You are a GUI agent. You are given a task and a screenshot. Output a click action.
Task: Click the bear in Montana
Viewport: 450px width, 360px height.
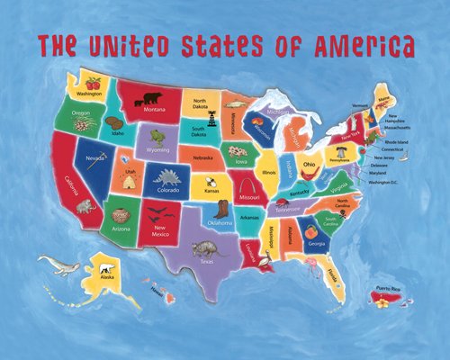pos(154,96)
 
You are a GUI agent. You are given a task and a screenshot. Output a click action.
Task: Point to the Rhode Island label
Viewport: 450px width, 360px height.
pos(395,141)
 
